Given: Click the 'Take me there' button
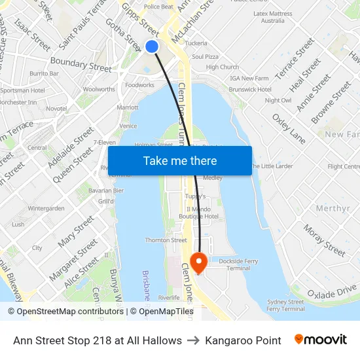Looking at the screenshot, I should point(179,160).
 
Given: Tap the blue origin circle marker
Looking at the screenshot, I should point(152,46).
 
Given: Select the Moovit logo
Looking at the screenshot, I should point(320,340).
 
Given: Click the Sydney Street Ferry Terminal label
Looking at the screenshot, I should point(286,305).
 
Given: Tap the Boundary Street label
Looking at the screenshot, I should point(81,65).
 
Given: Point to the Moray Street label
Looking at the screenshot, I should point(324,242).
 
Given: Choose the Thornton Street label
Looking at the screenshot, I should point(166,240).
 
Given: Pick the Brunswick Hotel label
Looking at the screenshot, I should point(250,89).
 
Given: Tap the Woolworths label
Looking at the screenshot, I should point(99,89).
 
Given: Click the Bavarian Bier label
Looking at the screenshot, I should point(110,190).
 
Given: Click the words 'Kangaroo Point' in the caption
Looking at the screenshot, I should point(243,340).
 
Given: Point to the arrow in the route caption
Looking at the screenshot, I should point(193,340).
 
